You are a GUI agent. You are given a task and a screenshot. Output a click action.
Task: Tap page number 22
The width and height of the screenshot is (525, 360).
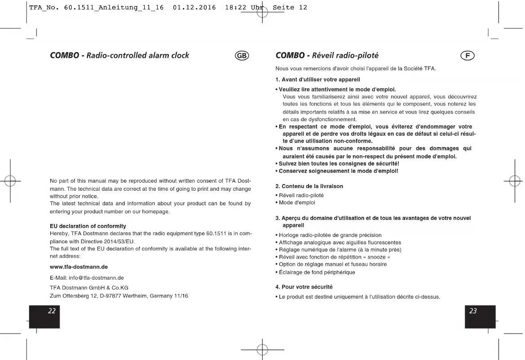(x=52, y=311)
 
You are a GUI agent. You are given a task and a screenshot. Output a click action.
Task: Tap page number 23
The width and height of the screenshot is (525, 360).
(x=473, y=311)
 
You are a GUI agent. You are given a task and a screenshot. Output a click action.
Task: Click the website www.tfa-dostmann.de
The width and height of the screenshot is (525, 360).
(x=79, y=267)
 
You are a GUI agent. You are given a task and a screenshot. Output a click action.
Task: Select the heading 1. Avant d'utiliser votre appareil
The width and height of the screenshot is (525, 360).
(x=311, y=79)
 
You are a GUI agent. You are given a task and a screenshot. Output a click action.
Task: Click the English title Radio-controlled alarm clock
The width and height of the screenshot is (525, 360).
(x=137, y=56)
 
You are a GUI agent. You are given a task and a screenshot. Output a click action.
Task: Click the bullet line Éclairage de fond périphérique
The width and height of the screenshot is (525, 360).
(x=317, y=272)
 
